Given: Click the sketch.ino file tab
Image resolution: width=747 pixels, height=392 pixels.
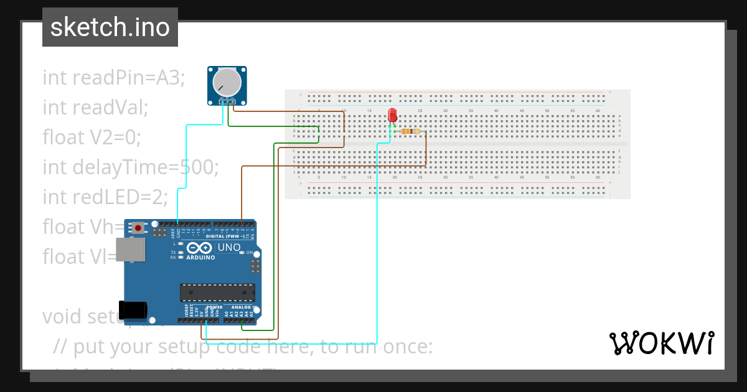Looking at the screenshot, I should pos(110,27).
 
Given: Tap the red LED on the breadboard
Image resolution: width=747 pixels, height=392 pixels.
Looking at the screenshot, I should pos(392,116).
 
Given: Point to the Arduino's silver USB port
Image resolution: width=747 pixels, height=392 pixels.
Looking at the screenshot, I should pos(131,250).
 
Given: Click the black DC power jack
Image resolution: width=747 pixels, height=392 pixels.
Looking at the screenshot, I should pos(133,309).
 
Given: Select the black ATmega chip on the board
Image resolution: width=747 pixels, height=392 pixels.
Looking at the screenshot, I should pos(217,292).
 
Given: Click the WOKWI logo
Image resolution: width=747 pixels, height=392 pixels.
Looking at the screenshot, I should pos(661,343).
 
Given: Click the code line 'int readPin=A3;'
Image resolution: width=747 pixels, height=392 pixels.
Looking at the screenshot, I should pos(114,78).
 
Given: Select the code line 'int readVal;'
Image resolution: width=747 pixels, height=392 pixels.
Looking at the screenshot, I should pos(95,108).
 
